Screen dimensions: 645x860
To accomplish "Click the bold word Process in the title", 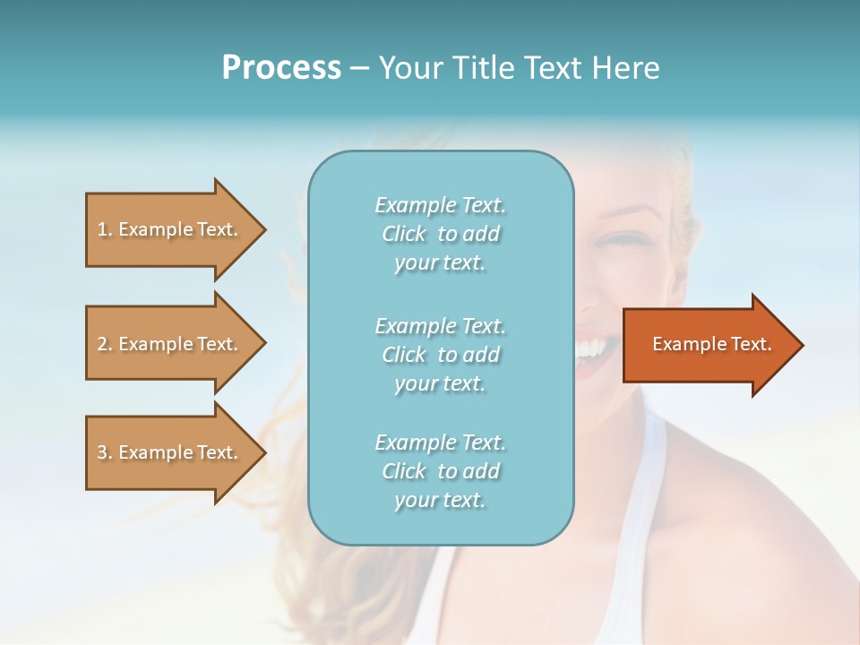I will [x=281, y=67].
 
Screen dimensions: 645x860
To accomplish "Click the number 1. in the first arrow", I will [x=105, y=229].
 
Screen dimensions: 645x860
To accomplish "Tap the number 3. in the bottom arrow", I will [x=105, y=452].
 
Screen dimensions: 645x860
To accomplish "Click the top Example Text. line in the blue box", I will [x=440, y=205].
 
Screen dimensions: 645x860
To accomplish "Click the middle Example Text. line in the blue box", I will [x=440, y=325].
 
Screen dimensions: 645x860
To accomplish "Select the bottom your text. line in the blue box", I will [x=440, y=500].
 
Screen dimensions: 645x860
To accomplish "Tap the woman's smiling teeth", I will [x=591, y=346].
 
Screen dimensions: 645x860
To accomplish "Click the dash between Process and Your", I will [x=359, y=68].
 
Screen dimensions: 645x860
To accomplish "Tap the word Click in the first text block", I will [x=404, y=234].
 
